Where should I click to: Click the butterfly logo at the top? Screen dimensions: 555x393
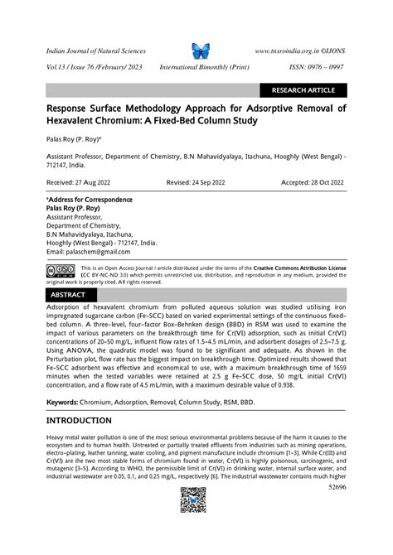click(201, 50)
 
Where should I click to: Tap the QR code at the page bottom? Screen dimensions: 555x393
click(193, 500)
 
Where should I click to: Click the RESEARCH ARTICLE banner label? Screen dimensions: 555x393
click(303, 90)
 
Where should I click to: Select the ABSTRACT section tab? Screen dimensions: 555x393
click(67, 294)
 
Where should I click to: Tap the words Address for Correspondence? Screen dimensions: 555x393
click(82, 201)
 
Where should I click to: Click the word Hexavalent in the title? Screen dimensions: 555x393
click(75, 121)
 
